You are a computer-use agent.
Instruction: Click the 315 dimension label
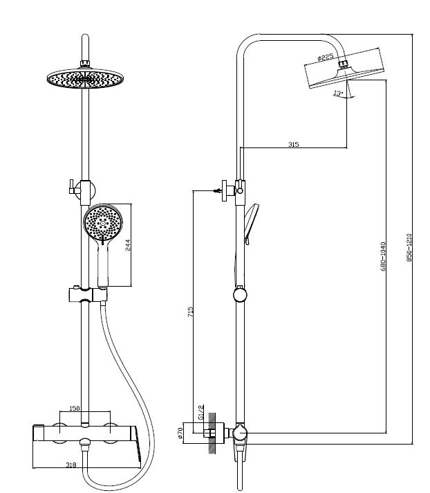293,144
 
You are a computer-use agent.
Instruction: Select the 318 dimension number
71,465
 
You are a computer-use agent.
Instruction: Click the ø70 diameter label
180,433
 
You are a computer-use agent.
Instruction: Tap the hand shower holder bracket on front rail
87,295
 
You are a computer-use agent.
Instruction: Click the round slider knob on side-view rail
239,296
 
